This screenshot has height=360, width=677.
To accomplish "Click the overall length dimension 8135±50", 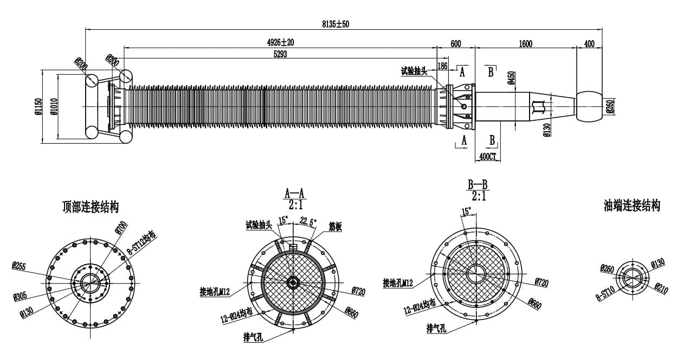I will (336, 24).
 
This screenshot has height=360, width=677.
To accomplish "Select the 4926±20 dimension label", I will (280, 42).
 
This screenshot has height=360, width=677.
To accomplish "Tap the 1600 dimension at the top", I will (525, 44).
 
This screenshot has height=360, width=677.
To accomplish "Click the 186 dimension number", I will (442, 66).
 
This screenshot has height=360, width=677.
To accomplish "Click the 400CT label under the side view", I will (487, 157).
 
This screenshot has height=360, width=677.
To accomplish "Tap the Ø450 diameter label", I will (511, 79).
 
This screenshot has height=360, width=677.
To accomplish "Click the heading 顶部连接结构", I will (91, 207).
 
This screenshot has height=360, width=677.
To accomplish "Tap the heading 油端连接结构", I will (632, 205).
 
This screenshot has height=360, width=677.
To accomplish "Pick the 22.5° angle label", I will (308, 221).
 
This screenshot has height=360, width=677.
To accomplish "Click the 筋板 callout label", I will (335, 227).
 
